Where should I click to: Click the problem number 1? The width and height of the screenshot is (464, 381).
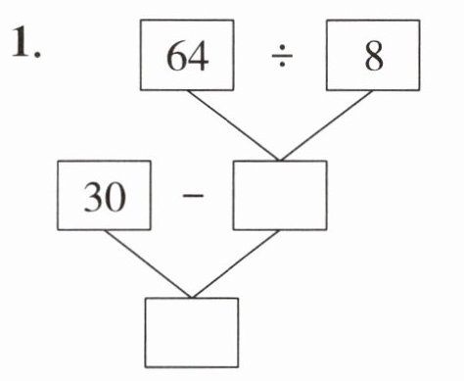pos(25,42)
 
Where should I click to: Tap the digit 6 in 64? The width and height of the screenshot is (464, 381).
pos(176,56)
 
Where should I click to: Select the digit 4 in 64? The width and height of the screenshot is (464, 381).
pos(198,56)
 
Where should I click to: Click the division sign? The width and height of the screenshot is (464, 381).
pos(282,55)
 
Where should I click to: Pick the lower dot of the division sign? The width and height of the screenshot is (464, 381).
pos(282,64)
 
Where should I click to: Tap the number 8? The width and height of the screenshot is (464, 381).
pos(374,56)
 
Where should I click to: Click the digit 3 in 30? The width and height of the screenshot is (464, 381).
pos(94,197)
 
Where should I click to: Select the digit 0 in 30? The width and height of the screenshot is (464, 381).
pos(115,197)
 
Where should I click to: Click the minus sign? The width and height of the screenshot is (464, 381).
pos(193,196)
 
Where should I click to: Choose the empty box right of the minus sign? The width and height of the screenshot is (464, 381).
pos(280,195)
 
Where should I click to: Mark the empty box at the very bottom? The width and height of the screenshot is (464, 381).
pos(192,332)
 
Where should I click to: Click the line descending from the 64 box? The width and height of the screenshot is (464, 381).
pos(234,125)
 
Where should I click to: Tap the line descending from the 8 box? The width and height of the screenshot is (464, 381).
pos(326,125)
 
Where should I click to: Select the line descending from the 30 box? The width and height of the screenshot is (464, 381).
pos(148,263)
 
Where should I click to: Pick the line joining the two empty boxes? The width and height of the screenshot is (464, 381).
pos(236,263)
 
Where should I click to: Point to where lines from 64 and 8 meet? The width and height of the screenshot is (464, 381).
pos(280,161)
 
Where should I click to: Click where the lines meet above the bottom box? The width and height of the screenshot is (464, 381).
pos(192,298)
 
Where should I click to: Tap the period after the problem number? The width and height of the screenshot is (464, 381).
pos(38,55)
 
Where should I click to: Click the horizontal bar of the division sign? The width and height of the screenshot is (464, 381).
pos(282,55)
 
